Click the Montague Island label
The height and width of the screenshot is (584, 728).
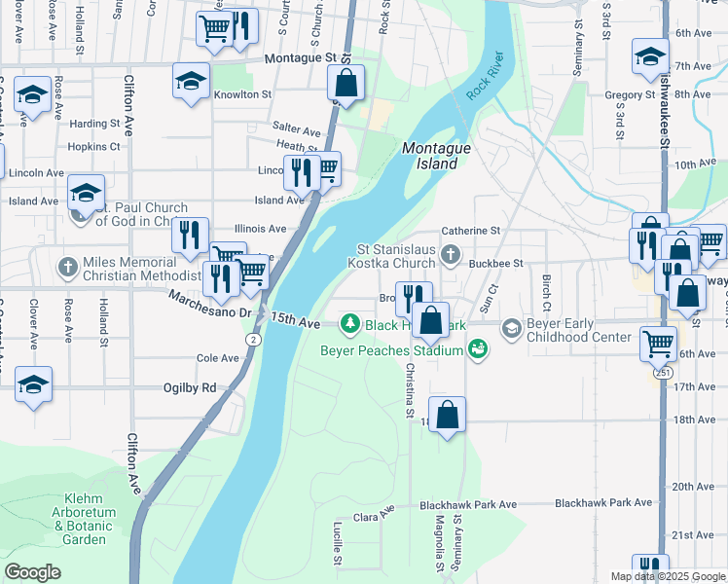(x=430, y=156)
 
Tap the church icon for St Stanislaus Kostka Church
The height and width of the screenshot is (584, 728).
(x=450, y=255)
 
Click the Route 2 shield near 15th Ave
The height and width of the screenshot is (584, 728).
(x=253, y=339)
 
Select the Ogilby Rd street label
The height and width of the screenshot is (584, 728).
(x=196, y=387)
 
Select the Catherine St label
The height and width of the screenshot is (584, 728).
(x=470, y=231)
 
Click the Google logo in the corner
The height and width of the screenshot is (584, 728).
(x=33, y=572)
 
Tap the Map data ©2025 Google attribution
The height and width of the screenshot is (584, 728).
(x=667, y=576)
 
